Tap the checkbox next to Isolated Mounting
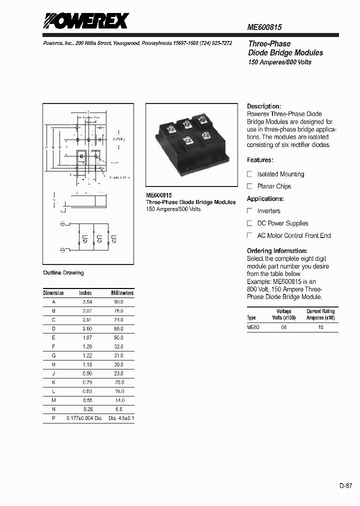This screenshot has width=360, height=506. coord(250,174)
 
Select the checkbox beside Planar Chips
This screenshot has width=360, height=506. coord(250,186)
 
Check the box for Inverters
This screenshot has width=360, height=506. coord(250,211)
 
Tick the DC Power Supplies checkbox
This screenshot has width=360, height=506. coord(250,223)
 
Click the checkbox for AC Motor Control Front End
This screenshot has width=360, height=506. coord(250,235)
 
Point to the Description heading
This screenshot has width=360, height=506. coord(264,106)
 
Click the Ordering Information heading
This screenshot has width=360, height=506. coord(277,250)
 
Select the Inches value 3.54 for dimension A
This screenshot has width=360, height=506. coord(87,302)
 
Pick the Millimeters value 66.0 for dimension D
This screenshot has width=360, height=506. coord(118,329)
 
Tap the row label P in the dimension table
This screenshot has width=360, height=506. coord(53,418)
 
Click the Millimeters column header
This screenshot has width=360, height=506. coord(122,293)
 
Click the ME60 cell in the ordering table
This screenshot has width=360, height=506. coord(253,327)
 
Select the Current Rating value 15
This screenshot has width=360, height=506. coord(320,327)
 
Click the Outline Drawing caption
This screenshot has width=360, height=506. coord(63,273)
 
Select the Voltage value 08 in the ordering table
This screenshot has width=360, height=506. coord(284,327)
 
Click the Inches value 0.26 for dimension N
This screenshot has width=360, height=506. coord(87,409)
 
